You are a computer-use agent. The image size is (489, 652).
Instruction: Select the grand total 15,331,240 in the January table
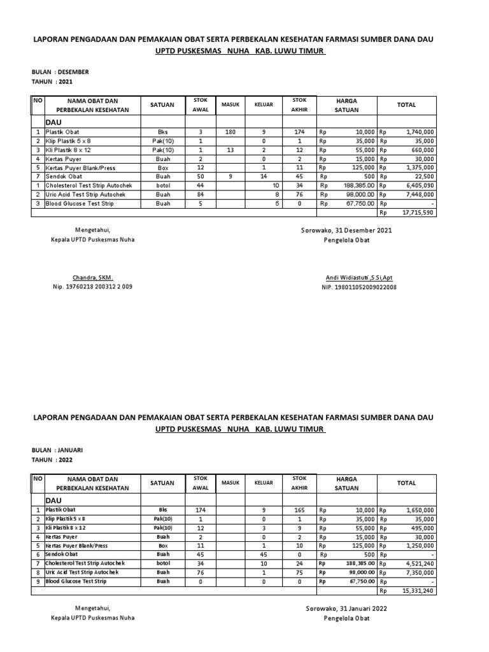(x=418, y=590)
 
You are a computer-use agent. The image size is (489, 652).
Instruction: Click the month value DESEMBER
(x=73, y=72)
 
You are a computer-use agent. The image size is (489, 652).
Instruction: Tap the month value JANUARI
(x=71, y=450)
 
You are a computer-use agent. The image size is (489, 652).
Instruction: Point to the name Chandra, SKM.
(x=92, y=278)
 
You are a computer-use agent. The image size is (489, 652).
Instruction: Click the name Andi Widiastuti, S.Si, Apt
(x=358, y=278)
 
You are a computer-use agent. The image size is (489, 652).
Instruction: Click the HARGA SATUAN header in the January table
(x=347, y=483)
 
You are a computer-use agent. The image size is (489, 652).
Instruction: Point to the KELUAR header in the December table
(x=264, y=105)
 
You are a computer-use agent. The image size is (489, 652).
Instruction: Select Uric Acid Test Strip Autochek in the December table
(x=85, y=194)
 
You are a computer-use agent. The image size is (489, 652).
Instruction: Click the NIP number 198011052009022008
(x=358, y=287)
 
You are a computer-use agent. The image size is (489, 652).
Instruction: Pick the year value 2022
(x=66, y=459)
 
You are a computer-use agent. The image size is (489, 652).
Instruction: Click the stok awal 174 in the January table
(x=200, y=510)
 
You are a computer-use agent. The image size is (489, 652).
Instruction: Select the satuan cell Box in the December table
(x=162, y=167)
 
